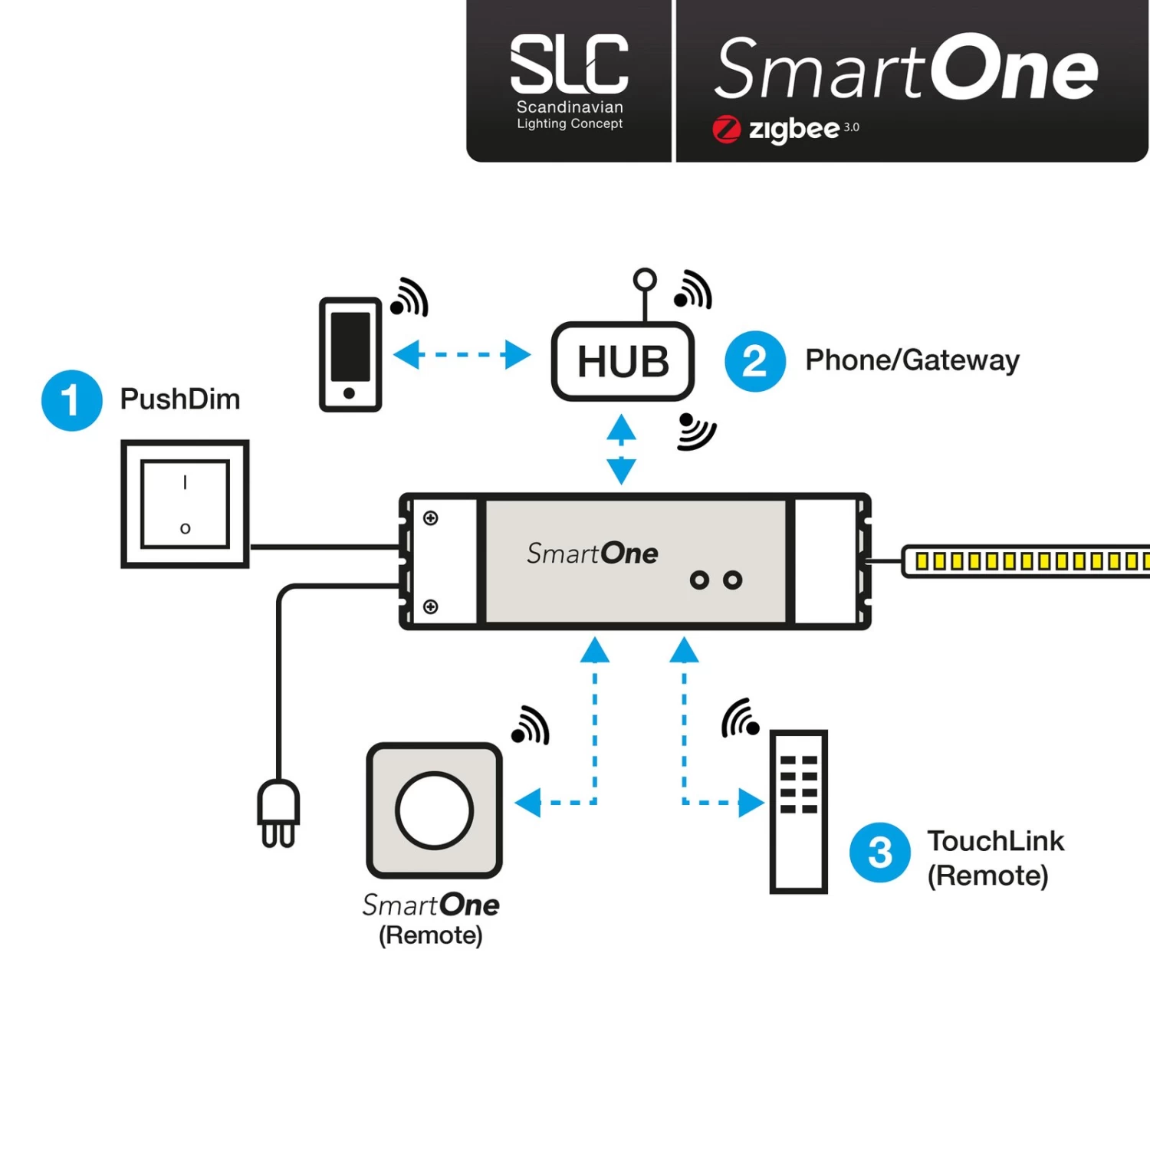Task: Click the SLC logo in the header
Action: click(x=569, y=64)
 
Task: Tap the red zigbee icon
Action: click(x=726, y=130)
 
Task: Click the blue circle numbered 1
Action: click(x=71, y=400)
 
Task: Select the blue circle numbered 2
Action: click(x=754, y=361)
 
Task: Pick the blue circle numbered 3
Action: click(x=879, y=853)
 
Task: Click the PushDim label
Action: click(x=180, y=399)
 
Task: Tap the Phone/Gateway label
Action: click(x=912, y=360)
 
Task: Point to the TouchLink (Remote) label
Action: click(x=994, y=858)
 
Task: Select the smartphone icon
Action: click(x=350, y=354)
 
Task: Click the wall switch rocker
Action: click(x=185, y=504)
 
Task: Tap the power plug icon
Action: click(x=278, y=813)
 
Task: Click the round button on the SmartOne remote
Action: click(x=434, y=810)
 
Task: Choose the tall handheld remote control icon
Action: click(x=798, y=811)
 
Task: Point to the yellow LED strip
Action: click(x=1027, y=561)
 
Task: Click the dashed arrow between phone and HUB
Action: click(x=462, y=354)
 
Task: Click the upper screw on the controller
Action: click(x=431, y=518)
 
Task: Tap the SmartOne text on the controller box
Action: click(x=592, y=554)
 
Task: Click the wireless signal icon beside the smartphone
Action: click(x=409, y=297)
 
